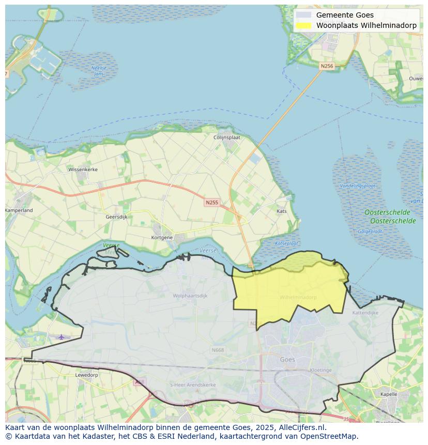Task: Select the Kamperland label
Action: [x=19, y=210]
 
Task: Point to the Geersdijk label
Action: [x=116, y=217]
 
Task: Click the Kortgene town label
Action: [x=162, y=237]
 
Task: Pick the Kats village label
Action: [x=282, y=211]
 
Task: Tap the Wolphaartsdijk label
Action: [x=190, y=296]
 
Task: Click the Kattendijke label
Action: [x=365, y=313]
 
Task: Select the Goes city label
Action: [x=287, y=360]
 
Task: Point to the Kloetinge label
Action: [x=320, y=371]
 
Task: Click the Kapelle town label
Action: [x=388, y=394]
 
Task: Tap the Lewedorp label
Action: [x=86, y=375]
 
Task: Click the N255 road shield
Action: [x=211, y=203]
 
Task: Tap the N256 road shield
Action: [x=327, y=66]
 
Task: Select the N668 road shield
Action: [x=218, y=350]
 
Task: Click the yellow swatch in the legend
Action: [x=304, y=25]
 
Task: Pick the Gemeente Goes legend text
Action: [x=345, y=15]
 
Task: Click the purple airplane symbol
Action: [x=62, y=337]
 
